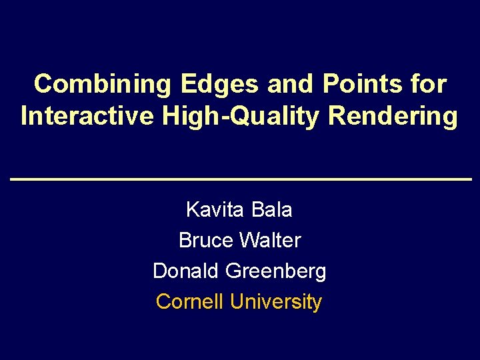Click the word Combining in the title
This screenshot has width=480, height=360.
pyautogui.click(x=103, y=85)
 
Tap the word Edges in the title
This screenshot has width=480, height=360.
pyautogui.click(x=219, y=85)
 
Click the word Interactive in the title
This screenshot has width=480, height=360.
pyautogui.click(x=87, y=117)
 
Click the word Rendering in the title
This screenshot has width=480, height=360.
pyautogui.click(x=393, y=117)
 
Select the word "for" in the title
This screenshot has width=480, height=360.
pyautogui.click(x=431, y=85)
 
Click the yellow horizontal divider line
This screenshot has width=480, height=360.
pyautogui.click(x=240, y=180)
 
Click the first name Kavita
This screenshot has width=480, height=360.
pyautogui.click(x=215, y=210)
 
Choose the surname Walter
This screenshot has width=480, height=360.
pyautogui.click(x=271, y=240)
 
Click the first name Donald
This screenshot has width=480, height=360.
pyautogui.click(x=186, y=271)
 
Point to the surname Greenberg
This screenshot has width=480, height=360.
pyautogui.click(x=276, y=271)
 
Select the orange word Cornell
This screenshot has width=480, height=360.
pyautogui.click(x=191, y=301)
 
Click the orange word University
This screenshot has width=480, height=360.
pyautogui.click(x=276, y=302)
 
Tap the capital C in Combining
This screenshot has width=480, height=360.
pyautogui.click(x=43, y=85)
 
